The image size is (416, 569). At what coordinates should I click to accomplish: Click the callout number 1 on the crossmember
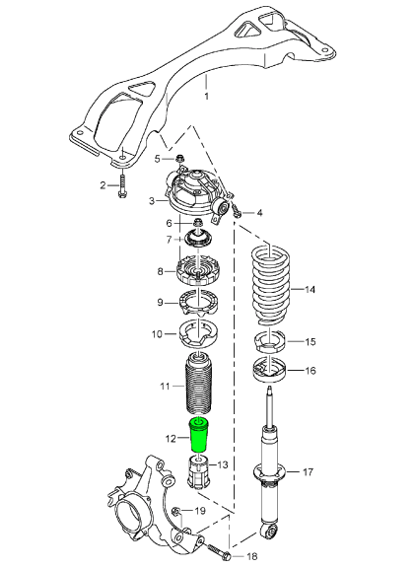point(206,97)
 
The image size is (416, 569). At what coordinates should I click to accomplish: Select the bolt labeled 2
point(121,184)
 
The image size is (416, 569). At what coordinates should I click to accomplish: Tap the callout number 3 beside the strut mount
point(151,201)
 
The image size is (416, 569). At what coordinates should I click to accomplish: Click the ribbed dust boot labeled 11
point(171,437)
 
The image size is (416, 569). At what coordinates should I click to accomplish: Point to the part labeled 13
point(268,288)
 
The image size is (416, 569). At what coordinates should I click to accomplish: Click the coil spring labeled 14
point(269,343)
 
